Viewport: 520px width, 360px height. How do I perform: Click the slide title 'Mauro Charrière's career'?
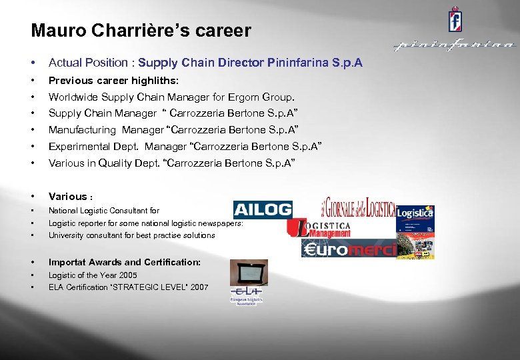(141, 31)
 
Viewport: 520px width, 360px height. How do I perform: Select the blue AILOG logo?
(263, 209)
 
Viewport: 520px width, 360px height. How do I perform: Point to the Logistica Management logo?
(319, 228)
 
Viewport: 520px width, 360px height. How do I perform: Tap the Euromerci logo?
(348, 249)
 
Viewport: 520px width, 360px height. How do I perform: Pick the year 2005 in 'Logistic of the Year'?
(128, 275)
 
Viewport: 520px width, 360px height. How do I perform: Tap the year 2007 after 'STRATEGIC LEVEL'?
(198, 287)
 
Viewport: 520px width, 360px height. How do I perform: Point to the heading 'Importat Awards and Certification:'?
(124, 261)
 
